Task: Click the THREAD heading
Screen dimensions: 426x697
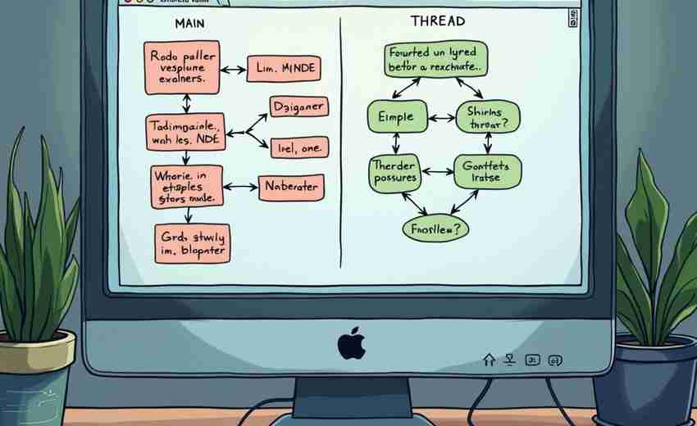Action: pyautogui.click(x=437, y=21)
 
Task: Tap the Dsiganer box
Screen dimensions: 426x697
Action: pyautogui.click(x=298, y=107)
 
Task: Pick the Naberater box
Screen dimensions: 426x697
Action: pyautogui.click(x=290, y=187)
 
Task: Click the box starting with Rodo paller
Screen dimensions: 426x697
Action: pyautogui.click(x=184, y=68)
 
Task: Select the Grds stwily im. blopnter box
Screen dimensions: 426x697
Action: pyautogui.click(x=192, y=243)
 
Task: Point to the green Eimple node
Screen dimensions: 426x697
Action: pyautogui.click(x=397, y=117)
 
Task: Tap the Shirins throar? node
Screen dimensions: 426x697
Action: pyautogui.click(x=488, y=117)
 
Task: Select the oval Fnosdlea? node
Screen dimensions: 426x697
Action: pyautogui.click(x=435, y=229)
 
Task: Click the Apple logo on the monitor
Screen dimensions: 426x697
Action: pyautogui.click(x=351, y=343)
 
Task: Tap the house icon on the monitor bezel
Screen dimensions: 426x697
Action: pyautogui.click(x=490, y=359)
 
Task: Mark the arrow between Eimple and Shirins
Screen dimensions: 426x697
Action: pyautogui.click(x=442, y=117)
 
